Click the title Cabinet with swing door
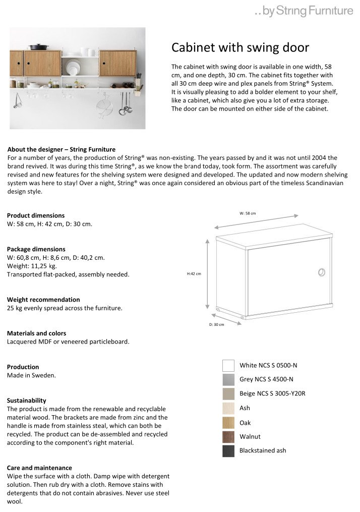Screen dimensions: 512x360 coord(240,47)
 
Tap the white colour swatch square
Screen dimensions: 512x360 coord(228,365)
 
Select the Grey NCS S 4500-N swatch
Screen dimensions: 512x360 coord(228,379)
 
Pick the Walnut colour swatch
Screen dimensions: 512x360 coord(228,437)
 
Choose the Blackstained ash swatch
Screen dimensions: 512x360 coord(228,451)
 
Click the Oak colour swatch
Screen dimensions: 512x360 coord(228,423)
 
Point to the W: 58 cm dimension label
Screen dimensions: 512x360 coord(248,213)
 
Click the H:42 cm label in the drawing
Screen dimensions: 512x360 coord(194,274)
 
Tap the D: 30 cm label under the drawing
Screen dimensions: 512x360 coord(217,324)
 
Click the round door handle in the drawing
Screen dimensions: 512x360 coord(322,272)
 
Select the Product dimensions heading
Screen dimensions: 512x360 coord(36,215)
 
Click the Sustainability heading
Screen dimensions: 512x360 coord(27,401)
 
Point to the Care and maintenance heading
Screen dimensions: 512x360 coord(39,468)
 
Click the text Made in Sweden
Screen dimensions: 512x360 coord(31,376)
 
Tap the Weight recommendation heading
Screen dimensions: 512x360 coord(43,300)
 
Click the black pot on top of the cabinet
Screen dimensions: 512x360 coord(39,47)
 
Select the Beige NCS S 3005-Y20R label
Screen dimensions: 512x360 coord(272,393)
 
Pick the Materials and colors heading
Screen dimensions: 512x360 coord(36,333)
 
